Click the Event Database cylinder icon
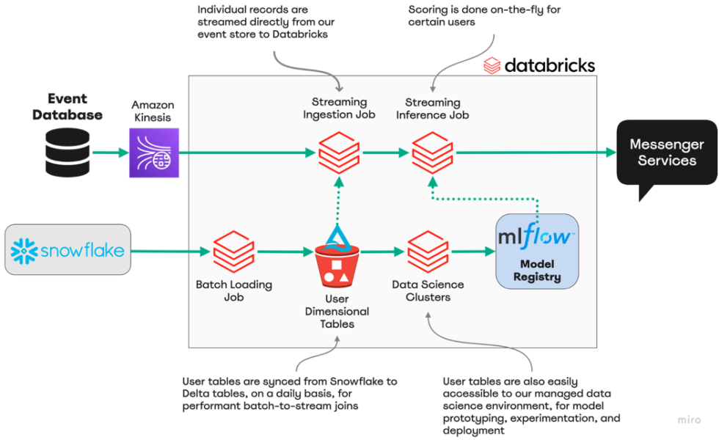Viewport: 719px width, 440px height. point(67,152)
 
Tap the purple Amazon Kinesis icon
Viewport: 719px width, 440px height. point(154,153)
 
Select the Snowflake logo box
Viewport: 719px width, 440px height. point(67,250)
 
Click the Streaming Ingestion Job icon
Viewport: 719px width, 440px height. point(338,153)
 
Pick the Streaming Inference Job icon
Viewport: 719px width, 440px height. point(432,153)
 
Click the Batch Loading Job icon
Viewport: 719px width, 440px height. point(233,252)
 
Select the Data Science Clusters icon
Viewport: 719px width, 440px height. point(428,252)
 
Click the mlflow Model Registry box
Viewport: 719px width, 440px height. point(537,250)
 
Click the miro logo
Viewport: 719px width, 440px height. point(689,419)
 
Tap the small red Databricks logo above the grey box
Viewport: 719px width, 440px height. point(492,66)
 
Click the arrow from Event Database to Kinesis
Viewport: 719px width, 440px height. point(109,153)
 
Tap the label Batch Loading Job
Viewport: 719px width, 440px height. point(233,291)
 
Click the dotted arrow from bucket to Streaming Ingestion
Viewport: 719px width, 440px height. point(338,198)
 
